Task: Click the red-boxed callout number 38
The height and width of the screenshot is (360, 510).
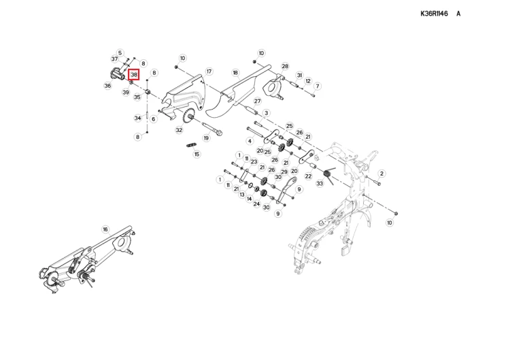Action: pyautogui.click(x=134, y=74)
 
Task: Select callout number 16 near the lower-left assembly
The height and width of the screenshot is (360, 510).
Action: pyautogui.click(x=105, y=229)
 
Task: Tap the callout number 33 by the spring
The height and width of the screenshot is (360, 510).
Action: pyautogui.click(x=320, y=184)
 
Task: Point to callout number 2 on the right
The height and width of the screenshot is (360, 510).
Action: pyautogui.click(x=381, y=174)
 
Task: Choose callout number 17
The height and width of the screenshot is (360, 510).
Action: pyautogui.click(x=209, y=71)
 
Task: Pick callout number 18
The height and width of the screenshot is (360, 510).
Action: pyautogui.click(x=235, y=72)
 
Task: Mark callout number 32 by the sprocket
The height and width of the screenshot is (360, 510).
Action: pyautogui.click(x=179, y=130)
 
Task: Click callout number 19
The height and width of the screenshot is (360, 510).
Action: pyautogui.click(x=206, y=138)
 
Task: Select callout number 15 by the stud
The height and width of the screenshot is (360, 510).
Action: pyautogui.click(x=197, y=154)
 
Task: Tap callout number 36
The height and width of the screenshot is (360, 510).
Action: pyautogui.click(x=107, y=86)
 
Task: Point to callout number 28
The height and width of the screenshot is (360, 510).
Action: pyautogui.click(x=285, y=67)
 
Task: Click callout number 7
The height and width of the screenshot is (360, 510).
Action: pyautogui.click(x=318, y=86)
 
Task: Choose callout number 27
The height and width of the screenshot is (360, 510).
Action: pyautogui.click(x=258, y=101)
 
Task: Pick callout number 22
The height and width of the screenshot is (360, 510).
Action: pyautogui.click(x=308, y=176)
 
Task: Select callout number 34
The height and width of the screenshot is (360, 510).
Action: pyautogui.click(x=137, y=118)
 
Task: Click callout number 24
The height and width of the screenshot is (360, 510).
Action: pyautogui.click(x=257, y=203)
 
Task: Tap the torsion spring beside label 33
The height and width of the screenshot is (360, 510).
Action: pyautogui.click(x=328, y=176)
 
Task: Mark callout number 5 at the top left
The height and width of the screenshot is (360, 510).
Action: pyautogui.click(x=120, y=52)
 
